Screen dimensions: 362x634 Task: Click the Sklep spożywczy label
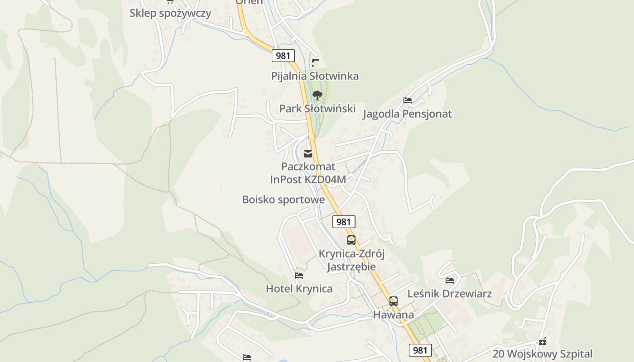click(x=170, y=13)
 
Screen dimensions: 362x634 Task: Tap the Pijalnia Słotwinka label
click(x=315, y=76)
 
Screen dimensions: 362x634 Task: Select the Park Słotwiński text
click(x=317, y=109)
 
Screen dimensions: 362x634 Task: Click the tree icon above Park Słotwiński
click(x=317, y=95)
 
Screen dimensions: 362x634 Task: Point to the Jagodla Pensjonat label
click(x=407, y=114)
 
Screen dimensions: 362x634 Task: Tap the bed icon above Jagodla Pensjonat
click(x=408, y=100)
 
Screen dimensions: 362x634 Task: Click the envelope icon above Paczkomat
click(x=308, y=154)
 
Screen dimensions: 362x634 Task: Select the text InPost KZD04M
click(x=308, y=180)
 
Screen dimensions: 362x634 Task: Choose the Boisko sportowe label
click(x=283, y=200)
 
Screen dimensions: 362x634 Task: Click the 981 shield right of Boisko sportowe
click(x=344, y=222)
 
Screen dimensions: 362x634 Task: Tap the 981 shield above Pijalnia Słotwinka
click(x=283, y=56)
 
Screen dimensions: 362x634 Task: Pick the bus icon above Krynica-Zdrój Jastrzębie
click(x=351, y=240)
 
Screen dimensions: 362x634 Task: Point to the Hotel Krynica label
click(x=299, y=289)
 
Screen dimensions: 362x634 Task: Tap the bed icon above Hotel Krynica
click(x=299, y=275)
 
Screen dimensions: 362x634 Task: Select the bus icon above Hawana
click(x=394, y=301)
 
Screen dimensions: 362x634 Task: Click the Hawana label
click(x=394, y=315)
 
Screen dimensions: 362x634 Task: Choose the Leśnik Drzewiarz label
click(x=449, y=294)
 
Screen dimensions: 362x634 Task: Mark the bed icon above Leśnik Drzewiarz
click(x=450, y=281)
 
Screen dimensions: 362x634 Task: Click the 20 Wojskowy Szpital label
click(x=543, y=354)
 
